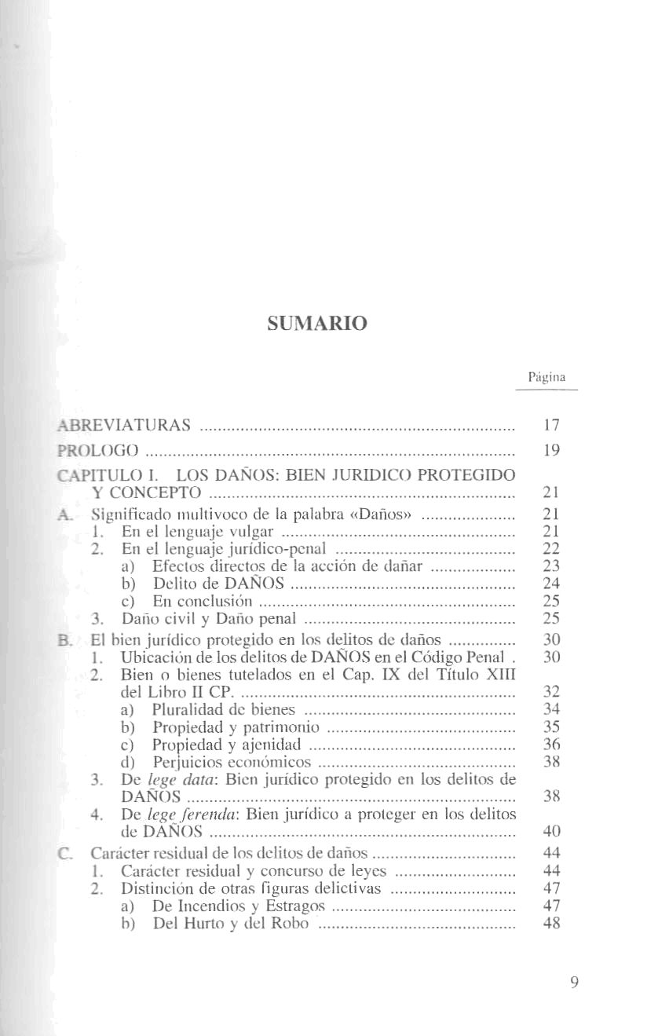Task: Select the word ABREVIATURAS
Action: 126,426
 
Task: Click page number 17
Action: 550,426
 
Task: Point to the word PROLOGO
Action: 100,450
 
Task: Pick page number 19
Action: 550,450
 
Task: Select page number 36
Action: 550,745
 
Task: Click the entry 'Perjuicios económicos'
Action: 232,762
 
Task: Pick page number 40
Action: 550,831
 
